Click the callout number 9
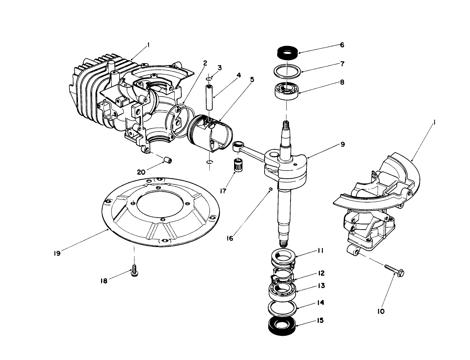[x=342, y=144]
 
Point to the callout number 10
[x=380, y=311]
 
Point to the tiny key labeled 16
[x=271, y=189]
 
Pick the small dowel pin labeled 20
[x=168, y=160]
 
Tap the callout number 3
[x=220, y=68]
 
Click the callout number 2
[x=204, y=63]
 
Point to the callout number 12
[x=321, y=273]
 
